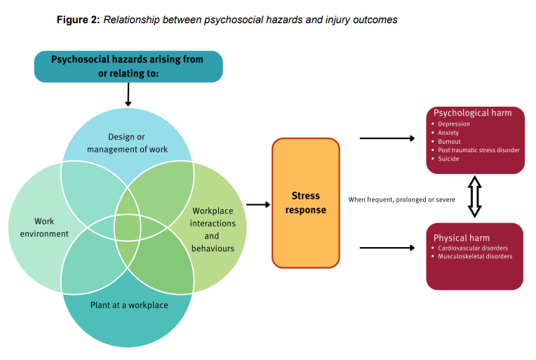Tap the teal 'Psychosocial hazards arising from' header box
click(x=128, y=66)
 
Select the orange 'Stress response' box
click(x=305, y=203)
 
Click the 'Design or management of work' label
click(x=127, y=142)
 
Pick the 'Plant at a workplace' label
click(x=129, y=305)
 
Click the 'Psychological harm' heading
click(x=472, y=113)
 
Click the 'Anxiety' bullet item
click(x=450, y=133)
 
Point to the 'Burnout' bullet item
click(x=450, y=141)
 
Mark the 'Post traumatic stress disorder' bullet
click(x=478, y=150)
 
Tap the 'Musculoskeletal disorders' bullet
click(x=475, y=256)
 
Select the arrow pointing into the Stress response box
click(x=258, y=205)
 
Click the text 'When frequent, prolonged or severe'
click(x=402, y=200)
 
